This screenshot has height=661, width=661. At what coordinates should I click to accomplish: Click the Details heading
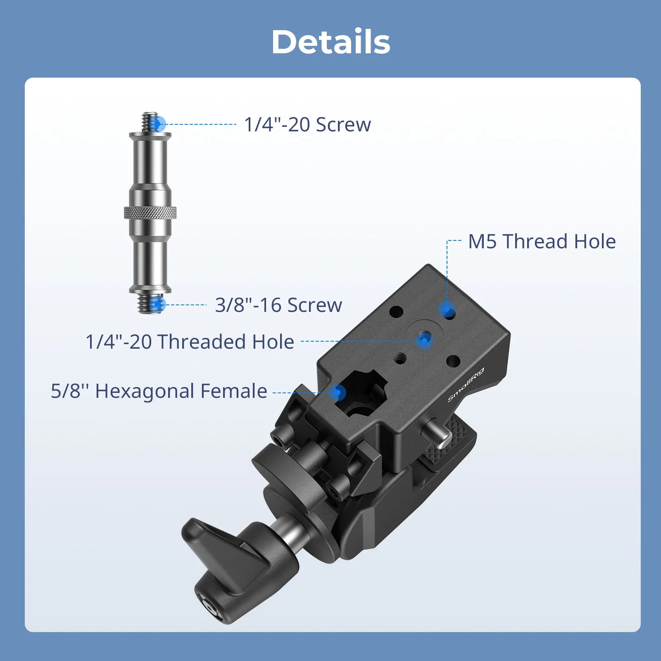pos(331,42)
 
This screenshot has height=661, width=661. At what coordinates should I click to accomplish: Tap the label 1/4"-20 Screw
pos(307,124)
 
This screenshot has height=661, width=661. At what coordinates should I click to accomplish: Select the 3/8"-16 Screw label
pos(278,305)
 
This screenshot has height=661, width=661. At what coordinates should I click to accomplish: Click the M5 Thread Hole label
pos(542,241)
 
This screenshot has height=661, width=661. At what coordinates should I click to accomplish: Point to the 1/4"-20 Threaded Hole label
pos(190,342)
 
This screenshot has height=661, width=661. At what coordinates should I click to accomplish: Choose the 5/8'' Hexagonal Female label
pos(159,391)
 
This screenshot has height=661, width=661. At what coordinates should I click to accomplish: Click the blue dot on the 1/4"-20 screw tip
pos(157,123)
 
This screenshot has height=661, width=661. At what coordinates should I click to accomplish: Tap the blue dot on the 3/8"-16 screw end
pos(157,304)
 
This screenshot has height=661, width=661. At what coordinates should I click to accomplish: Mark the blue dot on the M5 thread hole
pos(447,309)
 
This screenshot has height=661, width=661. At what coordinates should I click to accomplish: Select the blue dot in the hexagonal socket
pos(338,392)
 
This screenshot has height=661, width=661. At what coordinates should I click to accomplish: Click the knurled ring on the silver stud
pos(150,212)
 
